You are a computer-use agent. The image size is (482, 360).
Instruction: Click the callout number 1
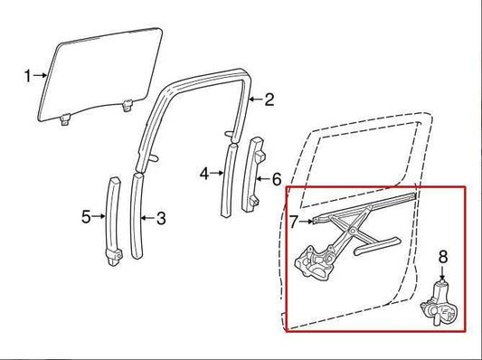pos(26,75)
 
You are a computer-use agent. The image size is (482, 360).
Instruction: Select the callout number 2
pos(269,100)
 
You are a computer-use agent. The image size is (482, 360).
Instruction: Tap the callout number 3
pos(161,218)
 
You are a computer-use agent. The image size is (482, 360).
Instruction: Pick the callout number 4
pos(205,173)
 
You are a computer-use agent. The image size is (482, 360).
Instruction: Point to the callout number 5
pos(86,216)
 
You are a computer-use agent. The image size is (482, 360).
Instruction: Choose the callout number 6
pos(277,179)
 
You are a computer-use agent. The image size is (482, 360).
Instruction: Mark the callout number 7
pos(294,220)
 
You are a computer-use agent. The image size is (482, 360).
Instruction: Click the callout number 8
pos(442,256)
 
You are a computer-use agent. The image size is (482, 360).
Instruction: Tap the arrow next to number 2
pos(254,100)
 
